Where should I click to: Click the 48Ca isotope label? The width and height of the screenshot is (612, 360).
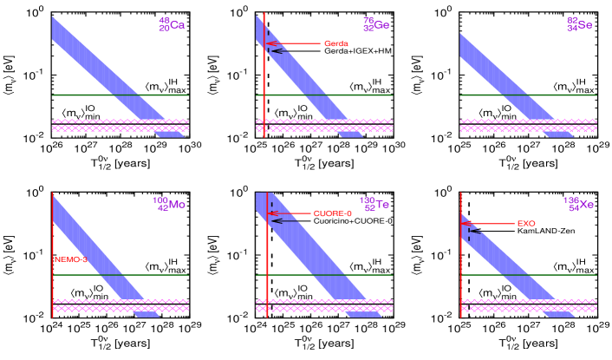172,25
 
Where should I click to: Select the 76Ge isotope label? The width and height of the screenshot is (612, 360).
375,25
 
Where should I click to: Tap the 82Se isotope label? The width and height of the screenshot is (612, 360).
579,25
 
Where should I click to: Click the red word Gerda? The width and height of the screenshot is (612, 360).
335,43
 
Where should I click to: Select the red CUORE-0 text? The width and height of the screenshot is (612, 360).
332,213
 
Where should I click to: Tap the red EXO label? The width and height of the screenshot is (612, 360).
525,224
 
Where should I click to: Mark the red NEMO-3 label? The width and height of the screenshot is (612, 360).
71,259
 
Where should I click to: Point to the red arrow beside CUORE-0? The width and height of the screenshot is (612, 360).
290,213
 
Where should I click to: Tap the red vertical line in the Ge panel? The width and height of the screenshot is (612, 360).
264,87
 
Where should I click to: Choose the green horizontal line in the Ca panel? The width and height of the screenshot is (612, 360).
120,95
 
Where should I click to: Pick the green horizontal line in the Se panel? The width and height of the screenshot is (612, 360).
528,95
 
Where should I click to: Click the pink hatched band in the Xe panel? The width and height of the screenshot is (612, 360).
528,305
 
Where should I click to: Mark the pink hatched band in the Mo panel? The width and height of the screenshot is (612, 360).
120,305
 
